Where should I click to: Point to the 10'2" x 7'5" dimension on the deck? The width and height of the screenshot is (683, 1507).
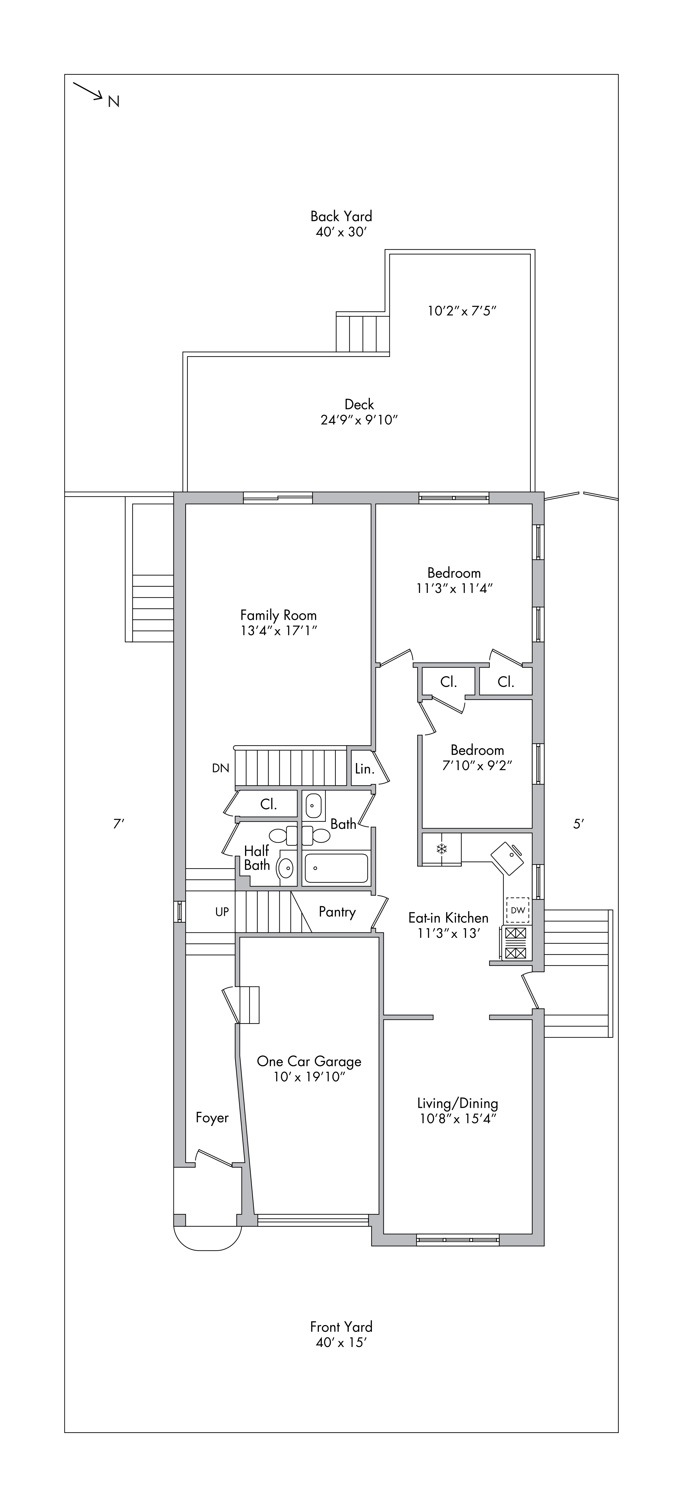[461, 311]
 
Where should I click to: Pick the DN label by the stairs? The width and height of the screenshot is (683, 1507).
[220, 768]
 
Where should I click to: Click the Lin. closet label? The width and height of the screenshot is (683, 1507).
[364, 769]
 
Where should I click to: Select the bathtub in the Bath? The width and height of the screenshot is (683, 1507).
[337, 868]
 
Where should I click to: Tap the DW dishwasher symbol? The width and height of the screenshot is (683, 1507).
[518, 910]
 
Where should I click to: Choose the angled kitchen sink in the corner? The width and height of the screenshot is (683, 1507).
[507, 858]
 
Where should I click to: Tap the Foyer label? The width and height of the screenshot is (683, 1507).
[212, 1118]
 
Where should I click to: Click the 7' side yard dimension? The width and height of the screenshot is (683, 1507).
[119, 824]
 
